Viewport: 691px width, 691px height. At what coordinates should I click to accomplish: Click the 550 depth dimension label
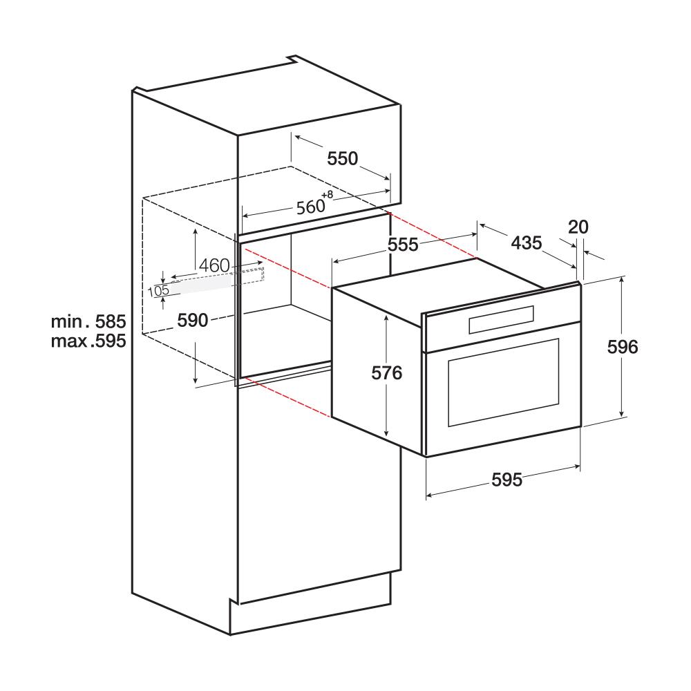(343, 159)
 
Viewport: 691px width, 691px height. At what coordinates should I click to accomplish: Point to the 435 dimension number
(526, 243)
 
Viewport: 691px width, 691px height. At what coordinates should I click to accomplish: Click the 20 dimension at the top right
(578, 226)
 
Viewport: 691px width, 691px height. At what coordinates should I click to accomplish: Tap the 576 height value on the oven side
(386, 373)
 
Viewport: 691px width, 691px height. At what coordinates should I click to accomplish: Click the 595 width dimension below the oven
(507, 480)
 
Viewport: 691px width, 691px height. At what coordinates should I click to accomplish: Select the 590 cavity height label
(193, 320)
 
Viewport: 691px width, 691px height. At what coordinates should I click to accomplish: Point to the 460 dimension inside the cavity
(213, 265)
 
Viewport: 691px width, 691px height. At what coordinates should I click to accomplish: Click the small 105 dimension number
(158, 291)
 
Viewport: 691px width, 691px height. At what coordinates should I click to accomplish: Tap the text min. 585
(88, 321)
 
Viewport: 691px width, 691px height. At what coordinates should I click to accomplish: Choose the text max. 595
(88, 341)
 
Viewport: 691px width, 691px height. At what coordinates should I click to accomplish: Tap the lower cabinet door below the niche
(318, 498)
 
